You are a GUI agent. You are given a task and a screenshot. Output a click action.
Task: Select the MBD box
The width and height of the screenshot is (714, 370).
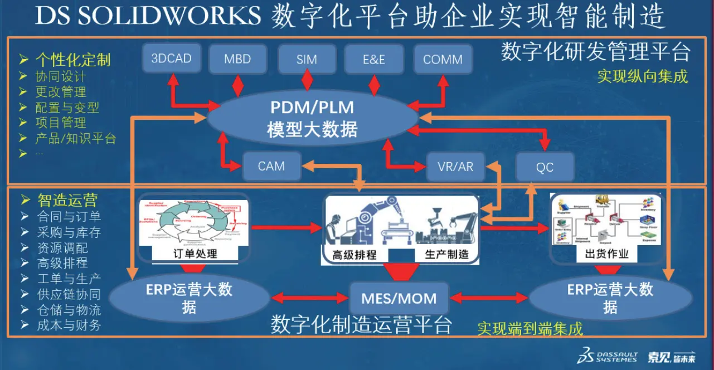tap(237, 59)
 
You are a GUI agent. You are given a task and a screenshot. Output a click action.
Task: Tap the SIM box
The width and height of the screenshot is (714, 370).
tap(307, 59)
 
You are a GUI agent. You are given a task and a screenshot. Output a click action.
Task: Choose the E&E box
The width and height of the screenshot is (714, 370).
tap(374, 59)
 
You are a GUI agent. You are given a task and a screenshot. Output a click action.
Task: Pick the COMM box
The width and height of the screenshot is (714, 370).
tap(443, 59)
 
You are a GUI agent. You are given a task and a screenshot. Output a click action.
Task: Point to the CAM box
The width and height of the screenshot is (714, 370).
tap(271, 166)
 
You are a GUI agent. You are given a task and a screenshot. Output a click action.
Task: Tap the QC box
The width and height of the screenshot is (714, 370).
tap(544, 167)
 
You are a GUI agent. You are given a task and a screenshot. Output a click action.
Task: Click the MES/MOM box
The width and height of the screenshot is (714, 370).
tap(399, 298)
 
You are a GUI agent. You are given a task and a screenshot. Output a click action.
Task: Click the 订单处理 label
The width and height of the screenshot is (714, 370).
tap(195, 254)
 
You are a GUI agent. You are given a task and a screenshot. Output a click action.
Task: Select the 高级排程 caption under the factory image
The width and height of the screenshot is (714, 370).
tap(354, 255)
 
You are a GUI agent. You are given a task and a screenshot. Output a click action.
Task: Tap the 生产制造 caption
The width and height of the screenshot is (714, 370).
tap(446, 255)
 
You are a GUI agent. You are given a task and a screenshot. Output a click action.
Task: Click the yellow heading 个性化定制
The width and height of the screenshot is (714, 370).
tap(73, 60)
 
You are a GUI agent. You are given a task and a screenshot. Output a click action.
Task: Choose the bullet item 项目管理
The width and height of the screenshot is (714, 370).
tap(61, 123)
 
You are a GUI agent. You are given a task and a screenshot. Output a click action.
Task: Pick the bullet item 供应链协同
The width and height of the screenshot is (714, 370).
tap(69, 294)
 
